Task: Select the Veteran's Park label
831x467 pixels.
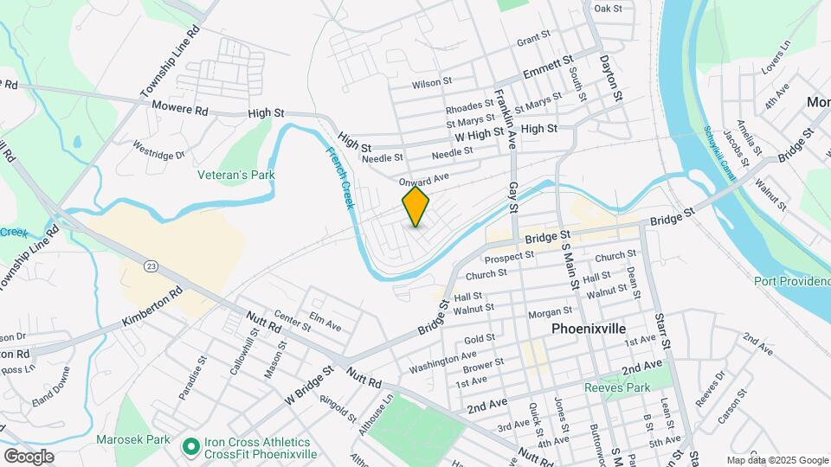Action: [x=236, y=175]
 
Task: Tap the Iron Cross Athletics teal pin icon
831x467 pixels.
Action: [x=190, y=447]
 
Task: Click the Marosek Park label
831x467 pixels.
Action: [x=133, y=439]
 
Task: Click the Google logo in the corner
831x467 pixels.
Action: [x=29, y=456]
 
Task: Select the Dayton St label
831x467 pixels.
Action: [x=611, y=79]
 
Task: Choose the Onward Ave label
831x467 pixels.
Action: [x=424, y=180]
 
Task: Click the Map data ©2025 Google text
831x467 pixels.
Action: [x=776, y=460]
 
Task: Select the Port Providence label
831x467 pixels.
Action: [x=791, y=280]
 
